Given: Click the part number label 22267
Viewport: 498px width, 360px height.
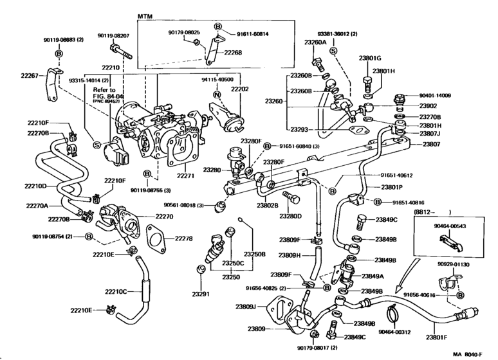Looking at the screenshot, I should click(30, 75).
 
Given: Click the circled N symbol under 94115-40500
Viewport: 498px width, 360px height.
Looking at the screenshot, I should click(217, 94).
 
